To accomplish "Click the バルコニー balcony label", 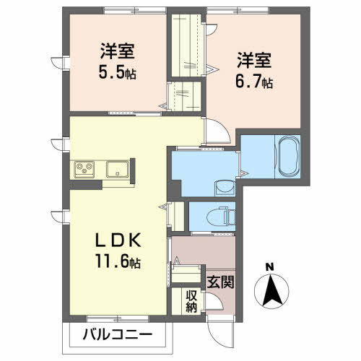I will (117, 334).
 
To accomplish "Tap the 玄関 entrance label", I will (220, 281).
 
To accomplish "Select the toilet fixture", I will (218, 214).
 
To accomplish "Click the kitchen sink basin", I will (118, 170).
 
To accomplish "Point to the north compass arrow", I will (271, 290).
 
